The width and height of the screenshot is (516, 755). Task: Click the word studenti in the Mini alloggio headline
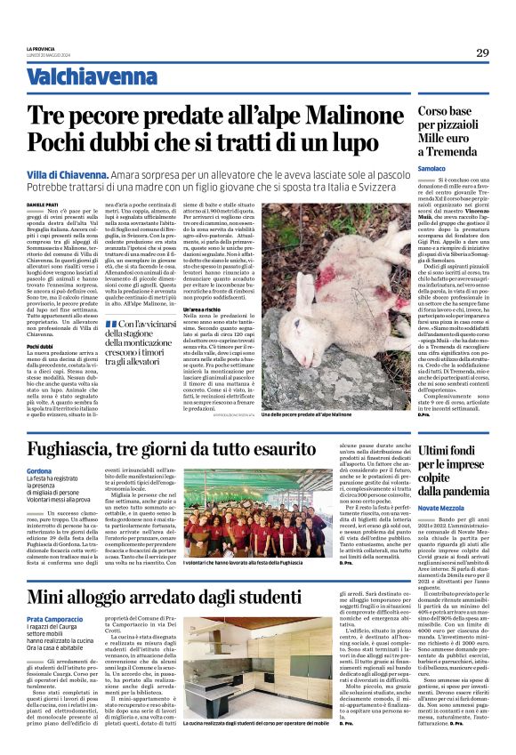(x=314, y=596)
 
